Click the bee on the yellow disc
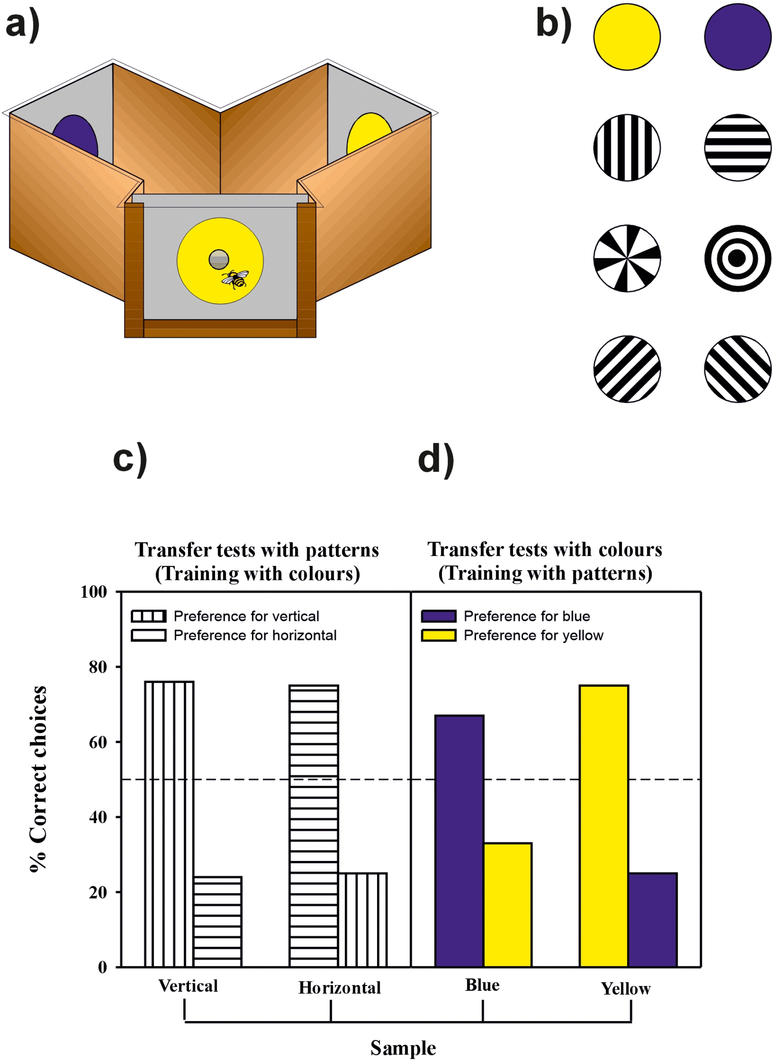coord(236,279)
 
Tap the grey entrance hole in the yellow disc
coord(219,259)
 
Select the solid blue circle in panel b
coord(737,37)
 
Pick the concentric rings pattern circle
coord(737,258)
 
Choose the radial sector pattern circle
coord(627,258)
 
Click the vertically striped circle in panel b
coord(627,147)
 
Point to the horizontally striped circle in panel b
coord(737,147)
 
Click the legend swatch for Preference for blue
coord(438,616)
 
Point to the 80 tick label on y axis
coord(98,667)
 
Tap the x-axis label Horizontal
coord(340,988)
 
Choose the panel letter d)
coord(435,460)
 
